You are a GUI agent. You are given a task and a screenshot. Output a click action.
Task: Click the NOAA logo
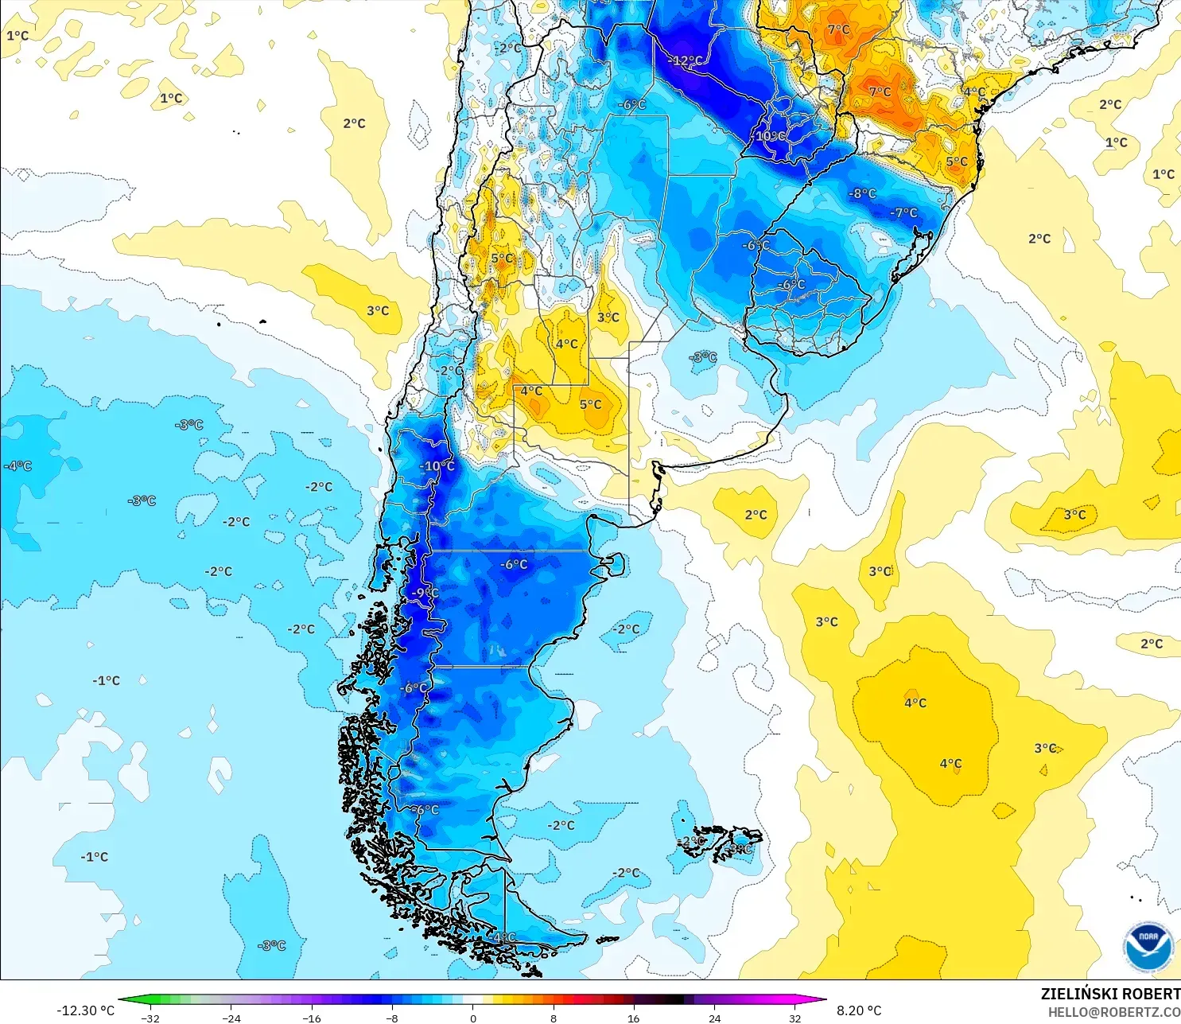tap(1148, 947)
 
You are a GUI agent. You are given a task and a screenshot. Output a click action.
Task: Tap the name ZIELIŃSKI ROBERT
tap(1110, 994)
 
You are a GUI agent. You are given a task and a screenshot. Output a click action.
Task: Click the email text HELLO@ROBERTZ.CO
tap(1113, 1012)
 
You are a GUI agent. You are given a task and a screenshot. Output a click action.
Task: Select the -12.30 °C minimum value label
tap(85, 1010)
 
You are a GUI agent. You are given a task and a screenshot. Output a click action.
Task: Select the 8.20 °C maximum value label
tap(859, 1010)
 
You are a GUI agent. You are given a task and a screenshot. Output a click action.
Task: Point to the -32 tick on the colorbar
tap(150, 1018)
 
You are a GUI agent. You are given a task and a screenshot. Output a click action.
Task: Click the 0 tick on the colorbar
tap(473, 1018)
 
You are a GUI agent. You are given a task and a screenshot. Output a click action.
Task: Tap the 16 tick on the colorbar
tap(634, 1018)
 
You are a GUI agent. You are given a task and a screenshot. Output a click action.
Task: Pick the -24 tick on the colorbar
tap(231, 1018)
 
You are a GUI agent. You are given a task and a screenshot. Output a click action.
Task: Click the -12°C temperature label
tap(686, 60)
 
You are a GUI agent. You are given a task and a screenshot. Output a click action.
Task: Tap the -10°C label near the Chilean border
tap(437, 466)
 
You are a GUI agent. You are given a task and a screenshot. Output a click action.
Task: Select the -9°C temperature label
tap(425, 593)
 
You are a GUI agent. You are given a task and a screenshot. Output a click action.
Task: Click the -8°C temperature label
tap(862, 193)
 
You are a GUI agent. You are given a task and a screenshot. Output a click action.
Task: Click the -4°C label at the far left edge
tap(17, 465)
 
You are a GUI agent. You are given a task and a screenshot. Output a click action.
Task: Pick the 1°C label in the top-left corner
tap(17, 36)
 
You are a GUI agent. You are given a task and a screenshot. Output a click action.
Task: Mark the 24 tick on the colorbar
tap(715, 1018)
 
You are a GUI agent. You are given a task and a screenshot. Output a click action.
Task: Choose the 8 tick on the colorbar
tap(554, 1018)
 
